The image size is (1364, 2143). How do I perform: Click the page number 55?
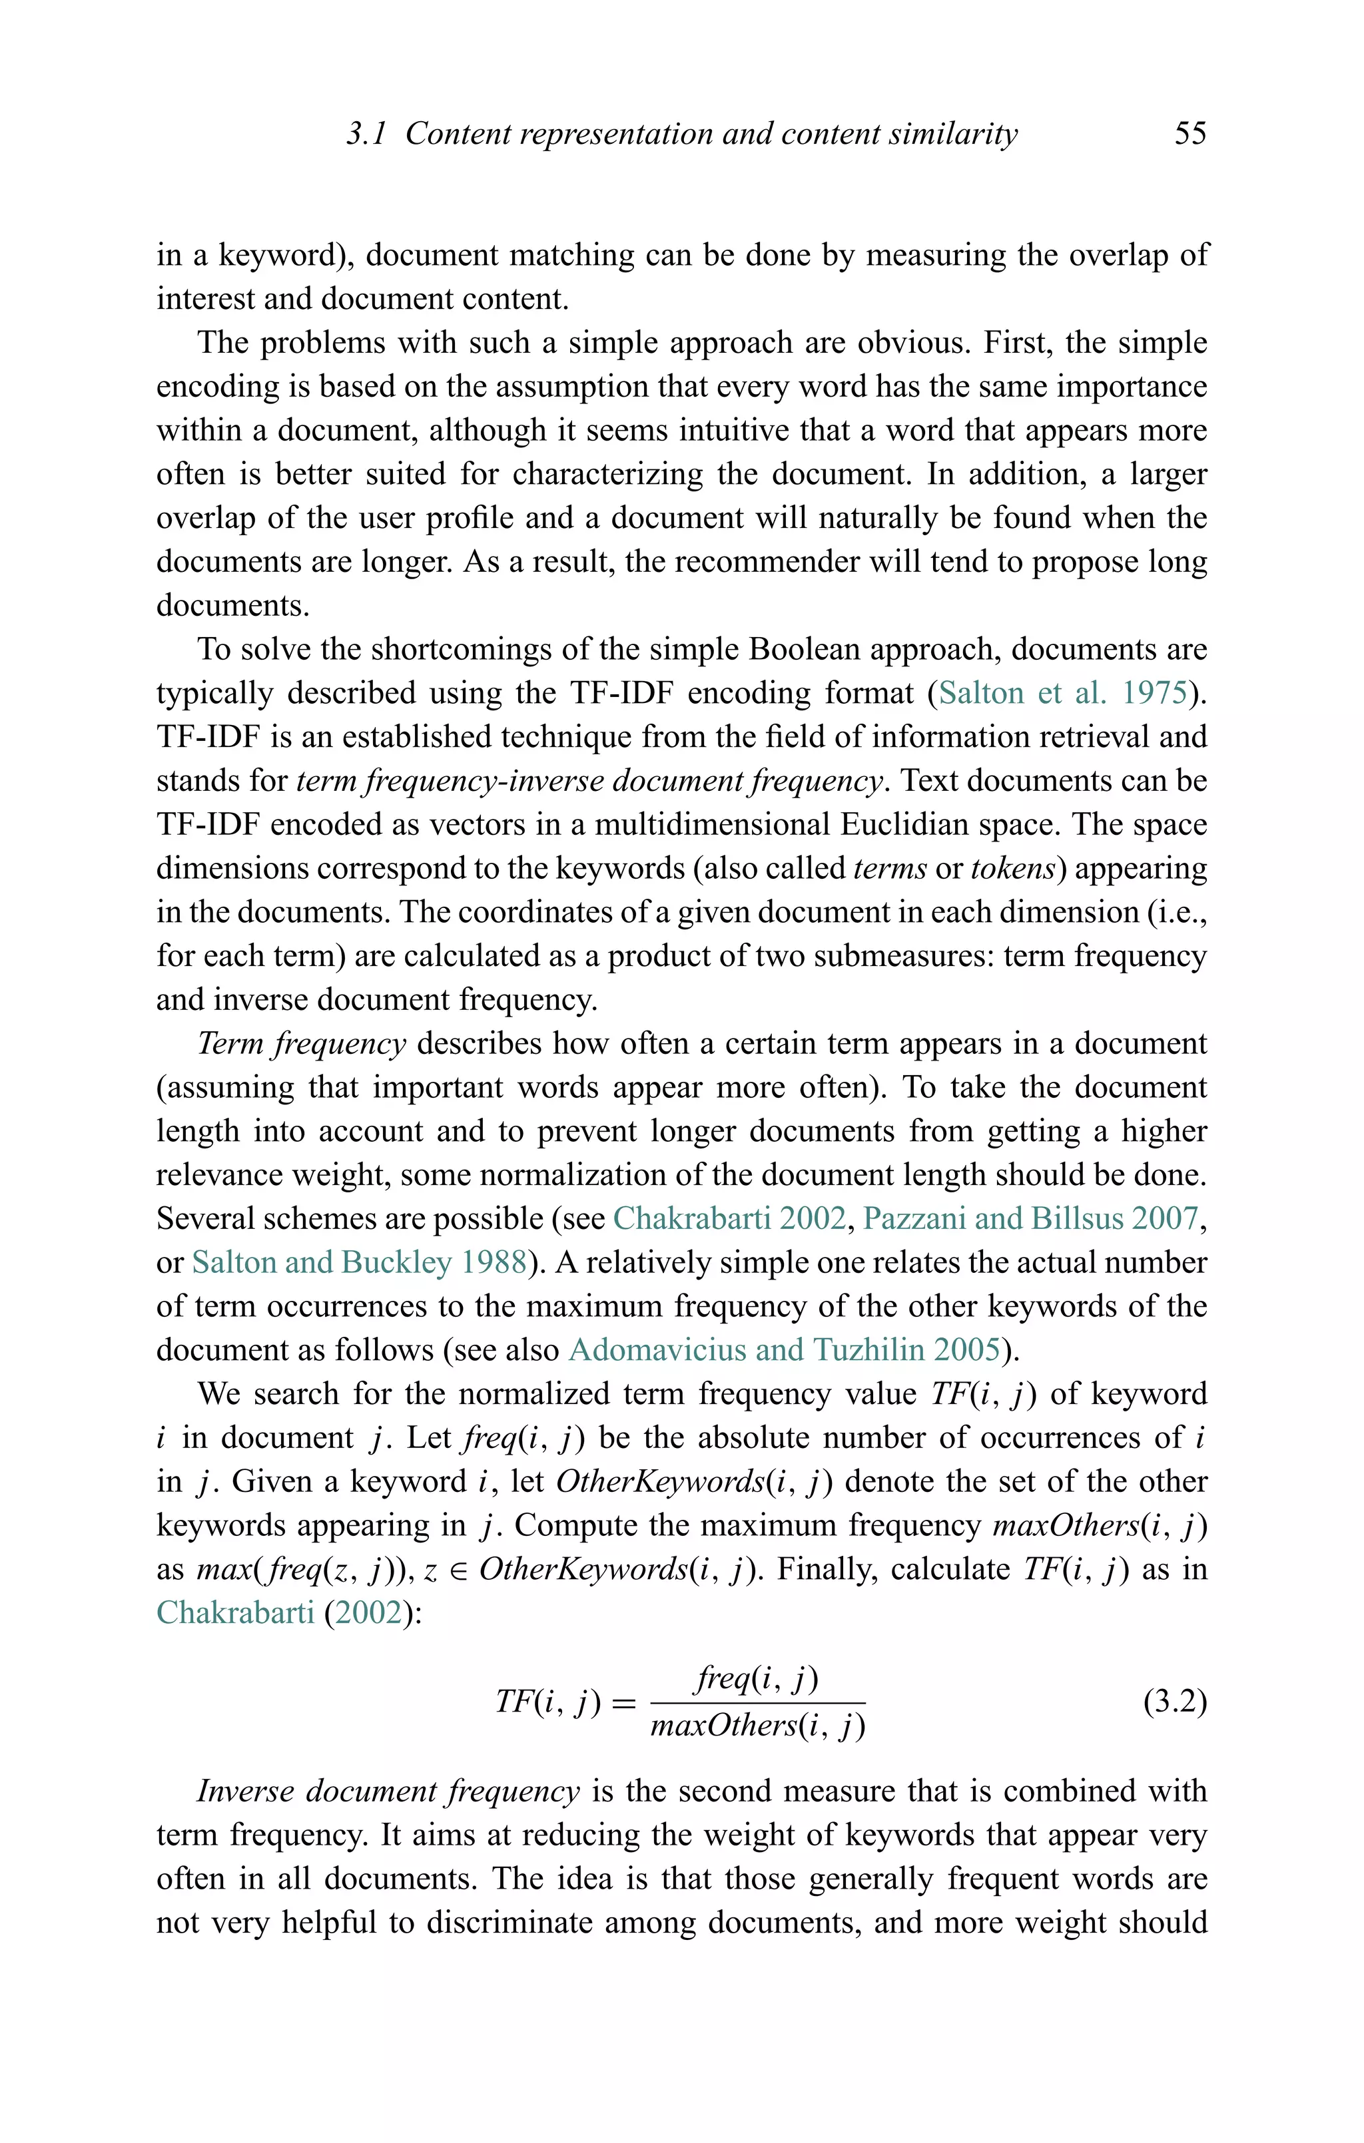tap(1190, 134)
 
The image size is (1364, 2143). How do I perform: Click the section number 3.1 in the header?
tap(366, 134)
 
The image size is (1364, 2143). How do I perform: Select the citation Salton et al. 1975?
tap(1063, 692)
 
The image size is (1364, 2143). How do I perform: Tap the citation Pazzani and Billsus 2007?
tap(1030, 1218)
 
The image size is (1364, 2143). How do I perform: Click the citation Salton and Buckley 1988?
tap(359, 1262)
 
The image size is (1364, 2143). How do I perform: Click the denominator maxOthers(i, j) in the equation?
tap(758, 1726)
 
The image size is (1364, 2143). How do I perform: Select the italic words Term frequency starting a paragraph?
tap(301, 1043)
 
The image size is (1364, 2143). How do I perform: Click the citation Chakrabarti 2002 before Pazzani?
tap(729, 1218)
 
